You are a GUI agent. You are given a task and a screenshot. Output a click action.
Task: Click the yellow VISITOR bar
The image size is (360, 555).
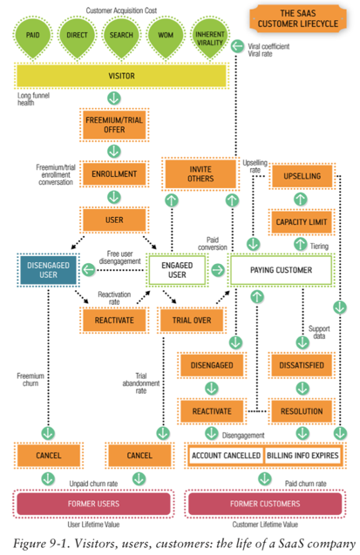(121, 76)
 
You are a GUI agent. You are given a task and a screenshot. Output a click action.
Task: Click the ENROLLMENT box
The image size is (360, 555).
(114, 174)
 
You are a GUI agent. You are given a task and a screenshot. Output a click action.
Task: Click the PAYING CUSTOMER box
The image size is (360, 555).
(282, 271)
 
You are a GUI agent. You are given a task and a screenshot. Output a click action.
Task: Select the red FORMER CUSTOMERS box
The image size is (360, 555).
(264, 504)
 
